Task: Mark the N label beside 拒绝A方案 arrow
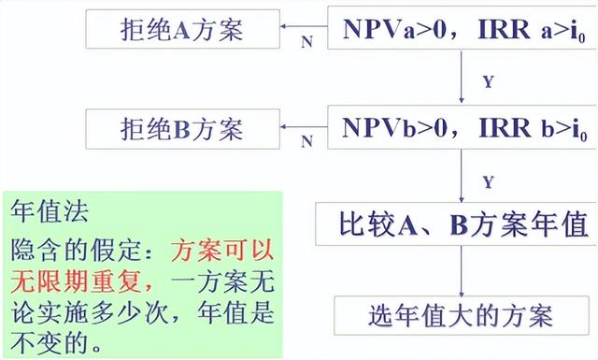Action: pos(306,43)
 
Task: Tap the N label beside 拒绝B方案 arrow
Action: pos(306,142)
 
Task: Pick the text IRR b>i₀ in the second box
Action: pos(522,126)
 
